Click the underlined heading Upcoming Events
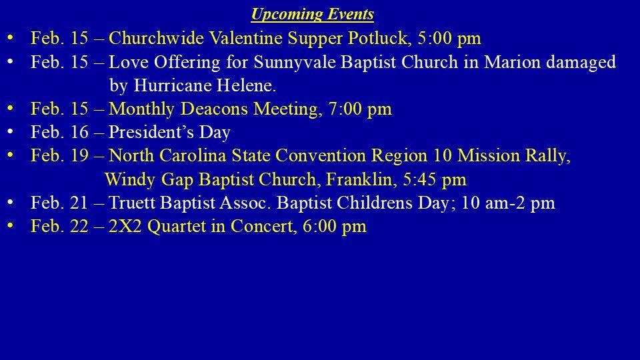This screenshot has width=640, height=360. pyautogui.click(x=312, y=14)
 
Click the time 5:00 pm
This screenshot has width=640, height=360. pyautogui.click(x=449, y=39)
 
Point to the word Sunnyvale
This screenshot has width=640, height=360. pyautogui.click(x=295, y=63)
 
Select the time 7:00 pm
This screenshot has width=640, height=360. pyautogui.click(x=359, y=109)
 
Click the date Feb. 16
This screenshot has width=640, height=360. pyautogui.click(x=59, y=132)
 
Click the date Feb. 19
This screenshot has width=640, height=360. pyautogui.click(x=59, y=155)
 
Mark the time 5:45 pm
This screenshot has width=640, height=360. pyautogui.click(x=434, y=179)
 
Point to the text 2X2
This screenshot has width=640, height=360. pyautogui.click(x=125, y=226)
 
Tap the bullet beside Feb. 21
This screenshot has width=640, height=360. pyautogui.click(x=10, y=202)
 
